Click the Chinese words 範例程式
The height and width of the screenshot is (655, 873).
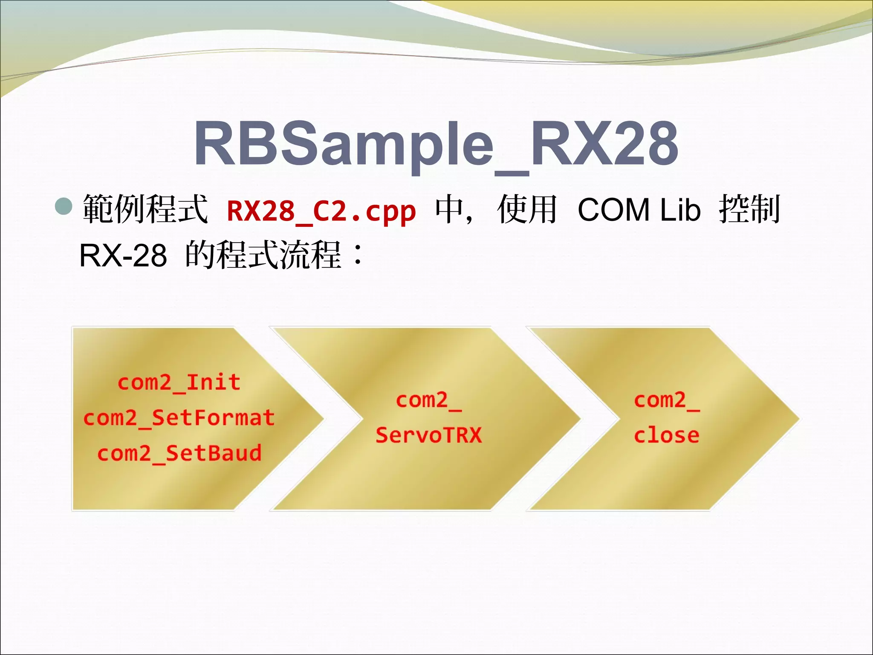pos(145,209)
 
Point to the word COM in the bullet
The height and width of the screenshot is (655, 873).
pos(613,210)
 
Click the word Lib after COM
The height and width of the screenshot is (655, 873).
pos(680,210)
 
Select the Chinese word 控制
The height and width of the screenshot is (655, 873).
pos(750,209)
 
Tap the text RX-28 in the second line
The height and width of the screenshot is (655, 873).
pos(123,256)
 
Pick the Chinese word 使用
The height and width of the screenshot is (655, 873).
pos(527,209)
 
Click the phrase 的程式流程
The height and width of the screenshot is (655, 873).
pos(263,255)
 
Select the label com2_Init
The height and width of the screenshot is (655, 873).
pos(179,383)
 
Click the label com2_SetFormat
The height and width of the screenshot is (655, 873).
pos(179,418)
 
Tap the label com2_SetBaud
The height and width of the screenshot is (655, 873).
pos(179,453)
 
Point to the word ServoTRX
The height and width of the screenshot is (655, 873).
pos(428,435)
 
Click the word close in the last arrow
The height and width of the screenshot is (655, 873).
pos(666,435)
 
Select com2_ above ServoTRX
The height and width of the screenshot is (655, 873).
pos(428,400)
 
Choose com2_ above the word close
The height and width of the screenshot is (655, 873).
pos(666,400)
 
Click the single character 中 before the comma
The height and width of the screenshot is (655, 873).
pos(448,209)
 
